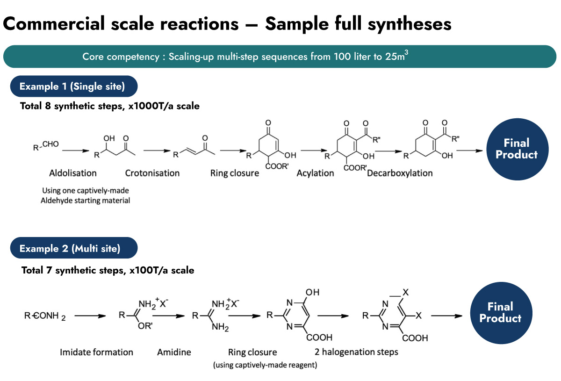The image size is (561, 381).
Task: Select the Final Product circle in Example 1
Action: (x=516, y=149)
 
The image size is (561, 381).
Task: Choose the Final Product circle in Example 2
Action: (x=500, y=312)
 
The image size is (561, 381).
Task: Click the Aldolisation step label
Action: (x=73, y=173)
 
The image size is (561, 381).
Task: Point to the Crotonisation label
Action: (x=152, y=173)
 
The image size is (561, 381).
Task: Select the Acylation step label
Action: (x=316, y=173)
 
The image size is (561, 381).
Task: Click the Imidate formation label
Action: (x=97, y=352)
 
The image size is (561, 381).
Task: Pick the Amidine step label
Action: (x=174, y=352)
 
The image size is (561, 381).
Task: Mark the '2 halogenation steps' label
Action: (x=357, y=352)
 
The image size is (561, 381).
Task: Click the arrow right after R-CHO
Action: (x=75, y=151)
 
